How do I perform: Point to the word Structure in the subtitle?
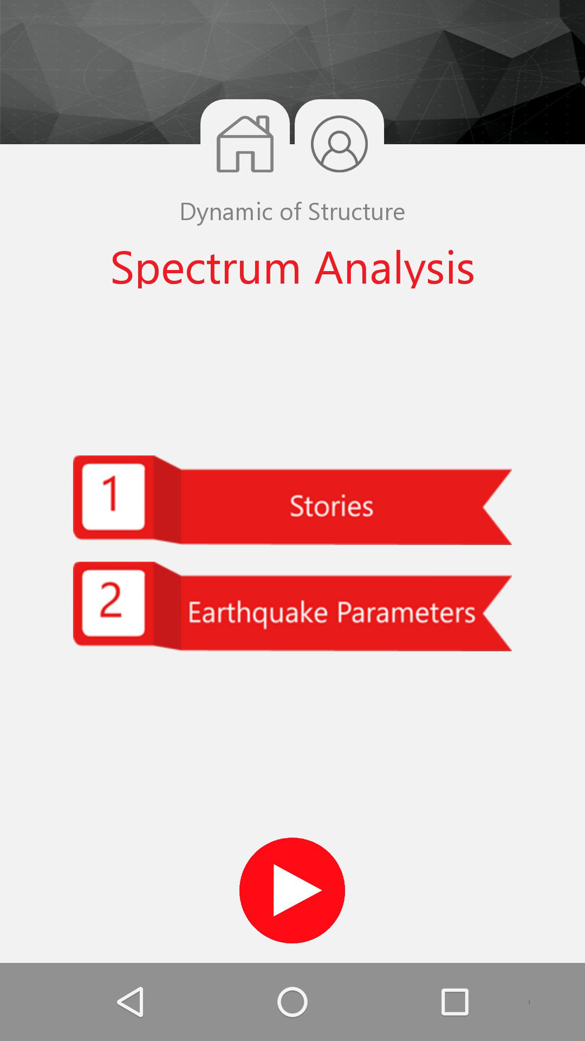(x=356, y=211)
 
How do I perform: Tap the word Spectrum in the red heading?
(x=205, y=268)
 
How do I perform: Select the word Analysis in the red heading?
(x=395, y=268)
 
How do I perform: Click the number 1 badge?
(x=113, y=496)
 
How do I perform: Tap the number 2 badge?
(x=113, y=602)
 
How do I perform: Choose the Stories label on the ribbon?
(x=331, y=506)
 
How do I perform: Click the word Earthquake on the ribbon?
(x=258, y=613)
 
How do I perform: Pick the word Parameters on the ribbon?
(x=406, y=612)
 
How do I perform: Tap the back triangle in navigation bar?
(x=131, y=1001)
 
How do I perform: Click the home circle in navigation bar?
(x=292, y=1001)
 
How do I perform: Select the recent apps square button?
(x=455, y=1001)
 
